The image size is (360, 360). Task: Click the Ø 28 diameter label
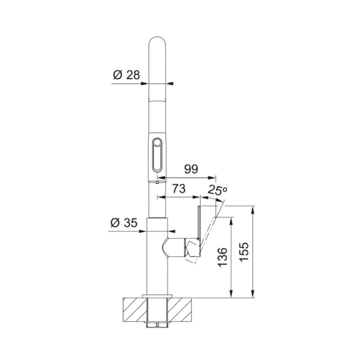pos(126,75)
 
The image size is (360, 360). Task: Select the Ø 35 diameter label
pos(124,223)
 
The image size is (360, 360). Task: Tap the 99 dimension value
pos(191,169)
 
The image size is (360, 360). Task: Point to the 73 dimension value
pos(179,189)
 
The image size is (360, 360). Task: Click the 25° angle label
pos(217,190)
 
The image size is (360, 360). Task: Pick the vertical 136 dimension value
pos(222,257)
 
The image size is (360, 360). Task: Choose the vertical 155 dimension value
pos(244,252)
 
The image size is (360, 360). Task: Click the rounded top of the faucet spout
pos(157,41)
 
